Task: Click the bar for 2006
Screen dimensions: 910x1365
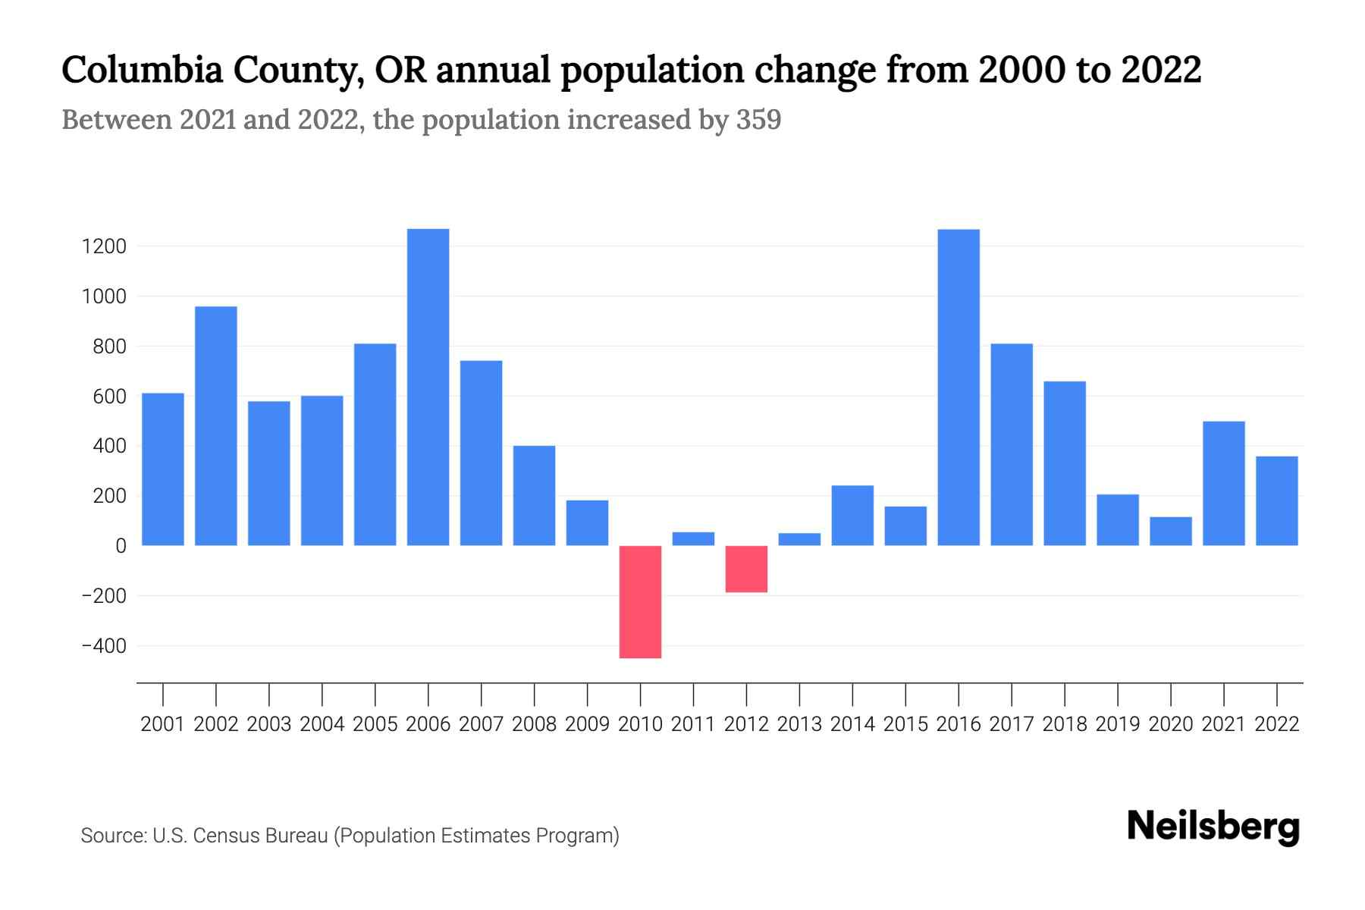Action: (x=428, y=387)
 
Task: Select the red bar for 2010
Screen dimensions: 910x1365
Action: (x=640, y=601)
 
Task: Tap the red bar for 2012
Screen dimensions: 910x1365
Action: (x=746, y=569)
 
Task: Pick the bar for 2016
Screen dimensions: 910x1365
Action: (x=959, y=387)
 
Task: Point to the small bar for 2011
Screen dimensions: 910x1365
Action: (x=693, y=538)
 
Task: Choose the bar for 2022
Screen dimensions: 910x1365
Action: (x=1276, y=500)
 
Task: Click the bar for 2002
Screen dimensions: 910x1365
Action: (x=216, y=425)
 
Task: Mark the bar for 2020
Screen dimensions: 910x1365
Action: (x=1170, y=531)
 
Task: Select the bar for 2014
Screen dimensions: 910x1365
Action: (x=852, y=515)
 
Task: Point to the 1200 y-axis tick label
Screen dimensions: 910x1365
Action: (x=105, y=246)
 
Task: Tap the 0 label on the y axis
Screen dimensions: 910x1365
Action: (x=121, y=546)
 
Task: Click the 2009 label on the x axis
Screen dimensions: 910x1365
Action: (x=587, y=724)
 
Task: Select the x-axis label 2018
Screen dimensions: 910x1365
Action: (x=1064, y=724)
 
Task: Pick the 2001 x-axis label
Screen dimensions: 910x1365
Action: (x=163, y=724)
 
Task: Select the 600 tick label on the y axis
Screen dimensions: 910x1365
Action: (x=109, y=397)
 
